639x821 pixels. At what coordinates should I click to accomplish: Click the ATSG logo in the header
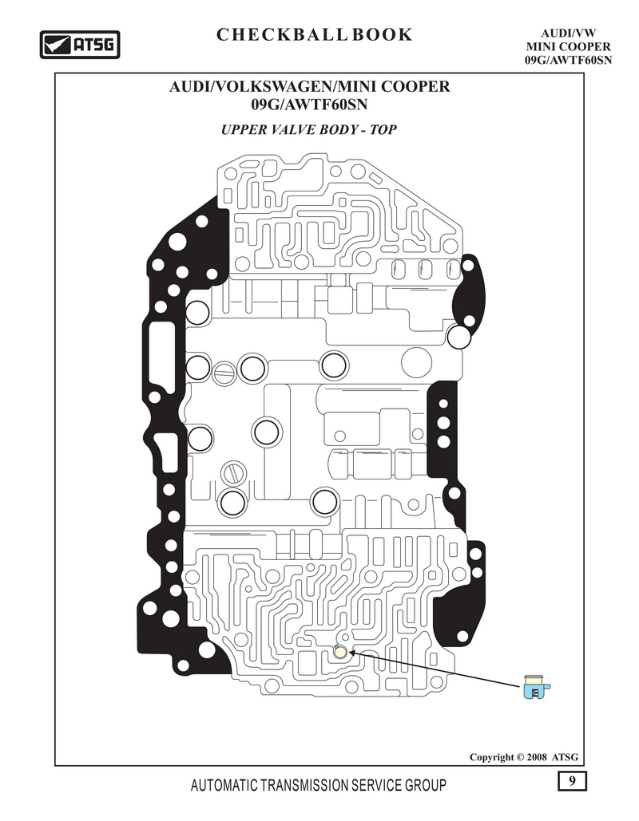click(x=80, y=45)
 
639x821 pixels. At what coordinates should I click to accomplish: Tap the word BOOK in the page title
click(x=382, y=34)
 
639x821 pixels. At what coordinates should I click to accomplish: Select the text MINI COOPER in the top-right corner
click(x=568, y=46)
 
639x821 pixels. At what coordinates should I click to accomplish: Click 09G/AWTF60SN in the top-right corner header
click(x=568, y=60)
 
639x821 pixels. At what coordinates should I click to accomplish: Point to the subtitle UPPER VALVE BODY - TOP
click(x=309, y=129)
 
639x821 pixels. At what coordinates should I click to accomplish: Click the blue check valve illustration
click(x=537, y=686)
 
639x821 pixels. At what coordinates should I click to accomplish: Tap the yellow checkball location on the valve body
click(x=339, y=653)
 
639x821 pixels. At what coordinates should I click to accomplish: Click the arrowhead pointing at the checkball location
click(x=351, y=653)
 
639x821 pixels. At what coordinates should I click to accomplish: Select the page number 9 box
click(x=572, y=781)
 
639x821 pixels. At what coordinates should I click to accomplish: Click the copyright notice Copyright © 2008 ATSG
click(x=524, y=757)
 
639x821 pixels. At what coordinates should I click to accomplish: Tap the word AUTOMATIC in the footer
click(x=224, y=785)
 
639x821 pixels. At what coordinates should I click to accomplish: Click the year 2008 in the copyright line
click(x=537, y=757)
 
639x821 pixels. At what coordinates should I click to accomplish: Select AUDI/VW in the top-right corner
click(x=568, y=34)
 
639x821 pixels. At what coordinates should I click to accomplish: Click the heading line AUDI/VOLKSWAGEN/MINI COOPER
click(x=309, y=86)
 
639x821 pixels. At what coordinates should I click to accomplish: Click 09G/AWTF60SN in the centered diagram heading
click(x=309, y=105)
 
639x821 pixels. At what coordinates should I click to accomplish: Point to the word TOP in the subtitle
click(x=383, y=129)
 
